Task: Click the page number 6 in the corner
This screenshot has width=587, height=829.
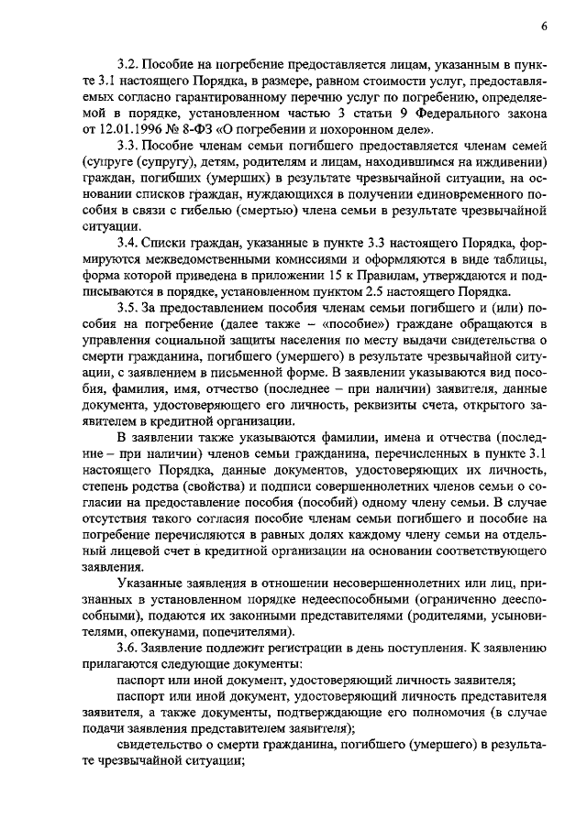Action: (544, 27)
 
